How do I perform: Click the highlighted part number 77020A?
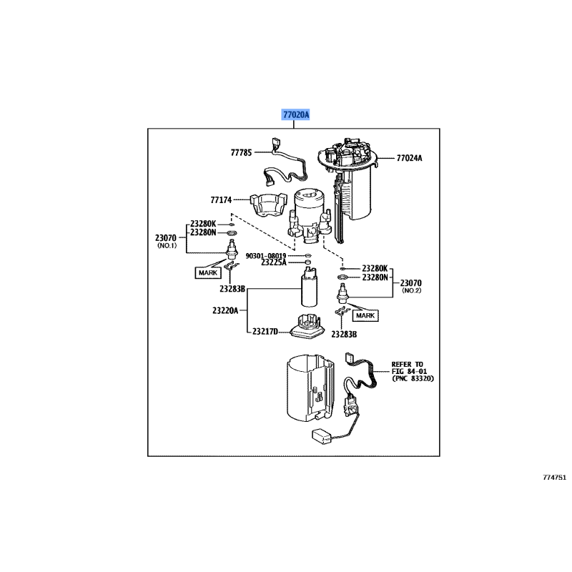pyautogui.click(x=295, y=114)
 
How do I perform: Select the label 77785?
pyautogui.click(x=242, y=152)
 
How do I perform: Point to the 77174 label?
pyautogui.click(x=221, y=201)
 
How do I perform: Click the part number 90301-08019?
pyautogui.click(x=265, y=255)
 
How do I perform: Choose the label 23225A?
pyautogui.click(x=273, y=262)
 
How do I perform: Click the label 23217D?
pyautogui.click(x=264, y=332)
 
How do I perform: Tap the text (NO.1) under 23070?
pyautogui.click(x=167, y=246)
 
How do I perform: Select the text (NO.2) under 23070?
pyautogui.click(x=413, y=291)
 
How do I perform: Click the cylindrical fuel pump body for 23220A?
pyautogui.click(x=311, y=294)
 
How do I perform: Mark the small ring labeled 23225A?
pyautogui.click(x=308, y=263)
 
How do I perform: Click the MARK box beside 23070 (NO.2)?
pyautogui.click(x=365, y=315)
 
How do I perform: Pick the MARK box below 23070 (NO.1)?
pyautogui.click(x=208, y=272)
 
